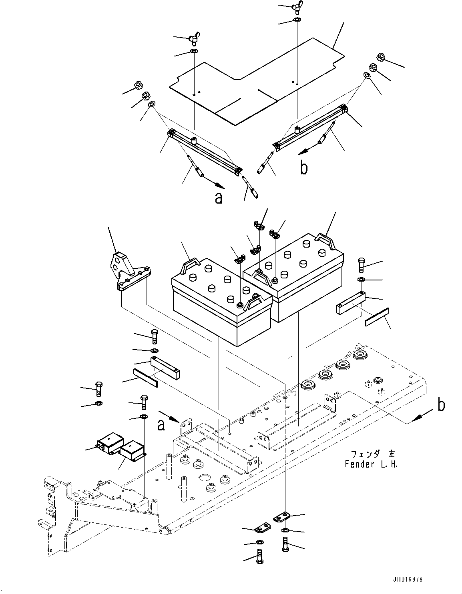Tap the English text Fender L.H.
point(371,464)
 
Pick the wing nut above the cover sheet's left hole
point(193,39)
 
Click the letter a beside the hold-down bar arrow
point(219,197)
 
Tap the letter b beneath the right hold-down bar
point(304,168)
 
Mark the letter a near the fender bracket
point(161,425)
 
